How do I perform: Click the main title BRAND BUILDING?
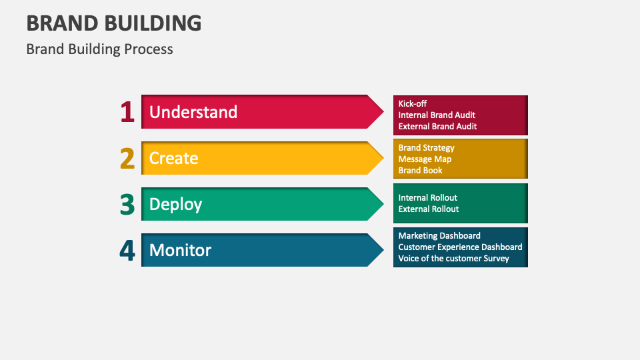tap(114, 23)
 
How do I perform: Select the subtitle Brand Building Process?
tap(99, 49)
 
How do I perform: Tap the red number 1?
tap(127, 112)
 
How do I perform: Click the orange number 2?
tap(127, 158)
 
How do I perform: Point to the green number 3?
tap(127, 204)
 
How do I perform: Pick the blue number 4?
tap(127, 250)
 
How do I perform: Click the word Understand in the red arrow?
tap(193, 112)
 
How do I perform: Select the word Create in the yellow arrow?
tap(173, 158)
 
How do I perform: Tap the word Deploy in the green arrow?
tap(175, 204)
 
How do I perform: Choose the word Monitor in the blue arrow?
tap(180, 250)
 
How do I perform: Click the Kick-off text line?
tap(413, 103)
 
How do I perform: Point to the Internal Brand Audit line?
tap(437, 115)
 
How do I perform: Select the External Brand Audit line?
tap(437, 126)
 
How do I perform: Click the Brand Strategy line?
tap(426, 147)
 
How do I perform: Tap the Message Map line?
tap(425, 159)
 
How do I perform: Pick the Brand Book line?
tap(420, 170)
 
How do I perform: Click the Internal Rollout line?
tap(427, 197)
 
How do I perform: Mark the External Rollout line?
tap(429, 209)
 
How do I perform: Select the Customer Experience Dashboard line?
tap(460, 247)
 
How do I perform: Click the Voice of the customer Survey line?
tap(453, 258)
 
